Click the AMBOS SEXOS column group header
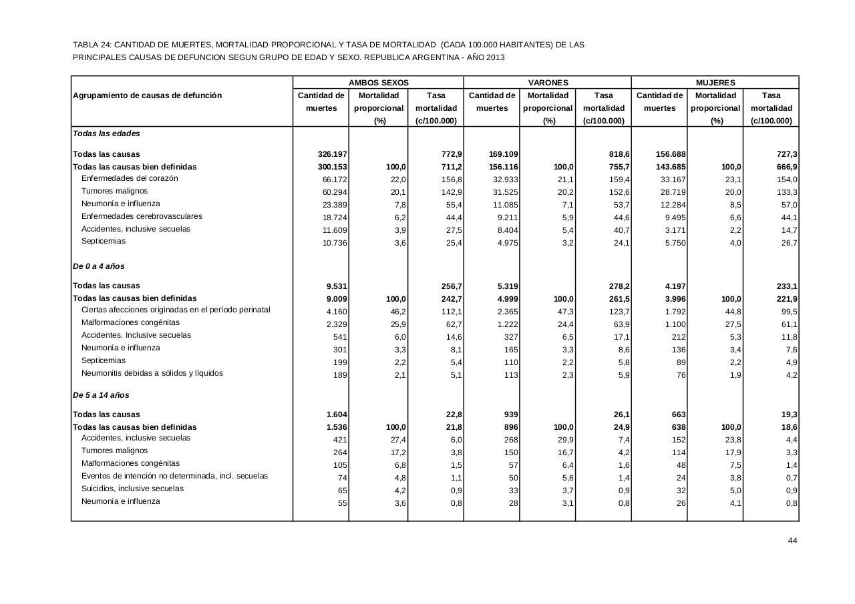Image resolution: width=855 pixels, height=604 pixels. [x=378, y=83]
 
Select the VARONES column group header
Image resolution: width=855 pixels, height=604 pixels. [x=548, y=83]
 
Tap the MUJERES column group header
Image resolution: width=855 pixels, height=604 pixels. [x=715, y=83]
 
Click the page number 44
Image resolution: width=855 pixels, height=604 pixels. [x=793, y=541]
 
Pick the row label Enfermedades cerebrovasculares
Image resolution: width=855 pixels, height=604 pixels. [x=142, y=216]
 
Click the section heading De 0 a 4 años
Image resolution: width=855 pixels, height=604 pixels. [x=99, y=266]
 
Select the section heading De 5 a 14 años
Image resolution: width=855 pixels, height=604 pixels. [x=101, y=395]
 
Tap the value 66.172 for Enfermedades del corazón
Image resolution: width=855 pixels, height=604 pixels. [x=335, y=180]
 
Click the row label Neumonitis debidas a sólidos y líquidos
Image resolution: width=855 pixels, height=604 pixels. [x=152, y=373]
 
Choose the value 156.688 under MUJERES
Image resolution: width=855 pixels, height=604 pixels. [x=670, y=154]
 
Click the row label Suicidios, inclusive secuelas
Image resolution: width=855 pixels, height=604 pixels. [x=132, y=489]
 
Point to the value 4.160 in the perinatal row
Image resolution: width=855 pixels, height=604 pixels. [x=337, y=312]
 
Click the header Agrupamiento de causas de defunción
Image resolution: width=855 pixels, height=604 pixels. [x=147, y=95]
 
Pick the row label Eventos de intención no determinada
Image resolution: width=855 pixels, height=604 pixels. [x=174, y=476]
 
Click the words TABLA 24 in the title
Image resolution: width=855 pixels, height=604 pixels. [x=92, y=45]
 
